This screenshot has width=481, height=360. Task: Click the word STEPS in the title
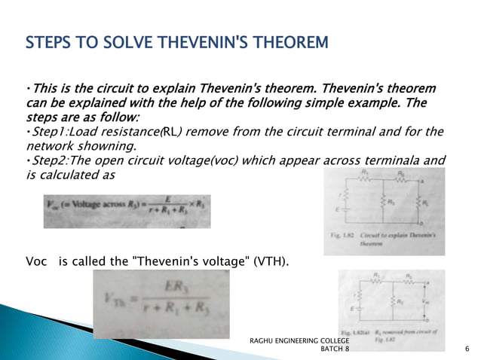pyautogui.click(x=47, y=41)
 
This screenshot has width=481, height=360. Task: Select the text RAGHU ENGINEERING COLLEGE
pyautogui.click(x=299, y=341)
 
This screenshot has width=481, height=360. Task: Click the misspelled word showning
pyautogui.click(x=112, y=146)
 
